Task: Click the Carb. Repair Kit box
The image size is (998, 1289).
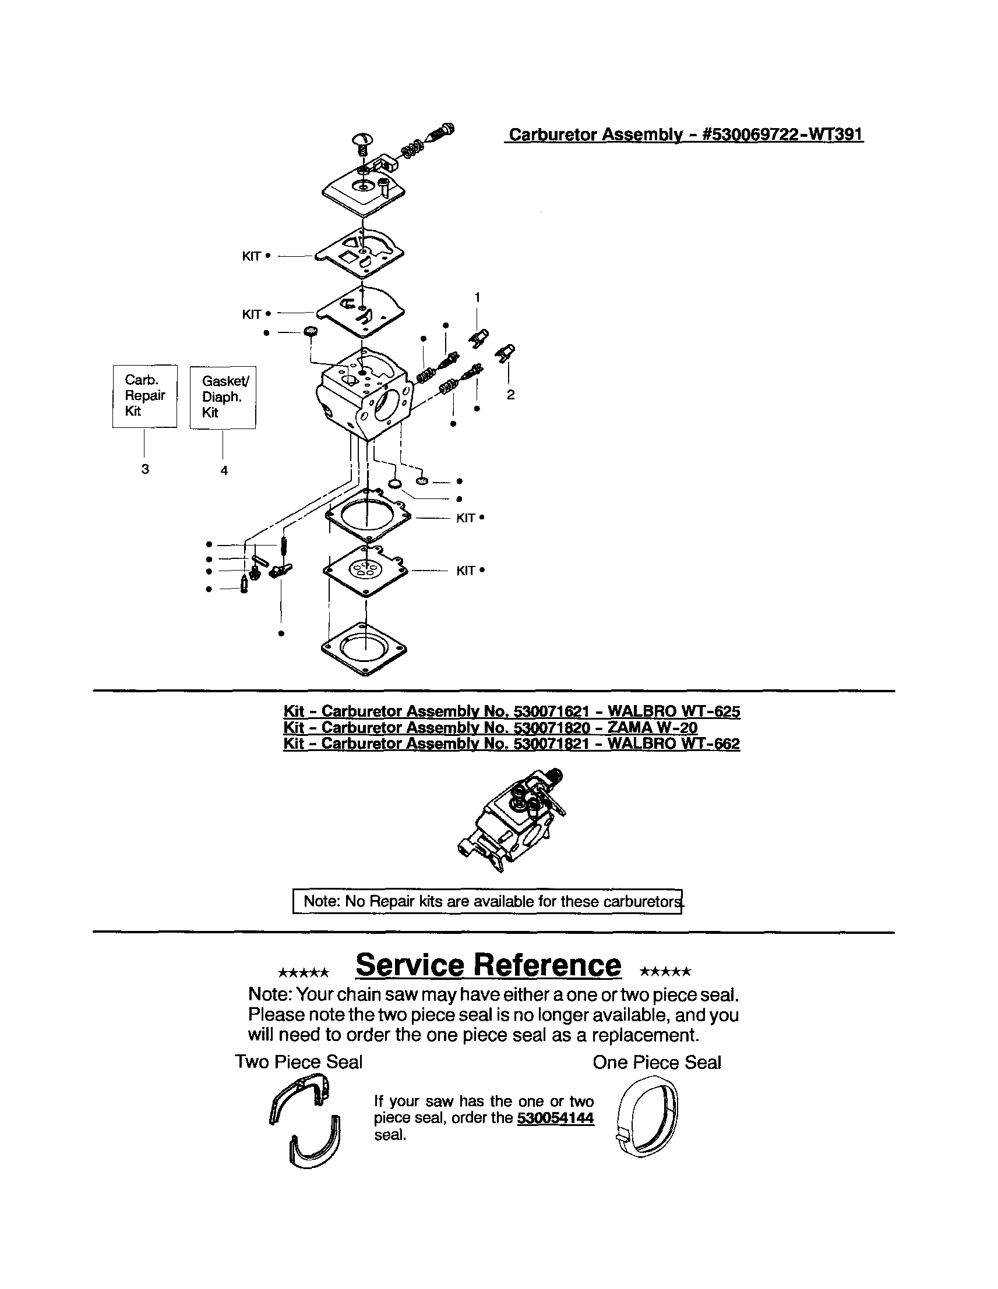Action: point(144,395)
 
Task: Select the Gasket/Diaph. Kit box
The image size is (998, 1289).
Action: point(223,397)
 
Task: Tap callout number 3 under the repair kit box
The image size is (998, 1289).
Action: point(144,469)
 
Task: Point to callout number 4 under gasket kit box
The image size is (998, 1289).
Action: point(224,470)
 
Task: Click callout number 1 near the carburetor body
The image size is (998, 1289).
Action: point(477,297)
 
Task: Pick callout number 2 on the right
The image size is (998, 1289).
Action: point(510,395)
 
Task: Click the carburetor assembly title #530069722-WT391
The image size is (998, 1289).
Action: point(686,134)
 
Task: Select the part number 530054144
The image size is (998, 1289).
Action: point(555,1118)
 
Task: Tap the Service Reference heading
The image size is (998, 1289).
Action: point(488,965)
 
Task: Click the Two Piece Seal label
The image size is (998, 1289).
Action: point(299,1062)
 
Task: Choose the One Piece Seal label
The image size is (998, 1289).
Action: point(657,1063)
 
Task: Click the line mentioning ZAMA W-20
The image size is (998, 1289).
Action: point(490,727)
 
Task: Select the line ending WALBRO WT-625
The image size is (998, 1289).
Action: point(512,711)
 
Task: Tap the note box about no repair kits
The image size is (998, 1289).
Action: point(488,901)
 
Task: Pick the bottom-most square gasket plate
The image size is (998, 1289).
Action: point(365,649)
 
